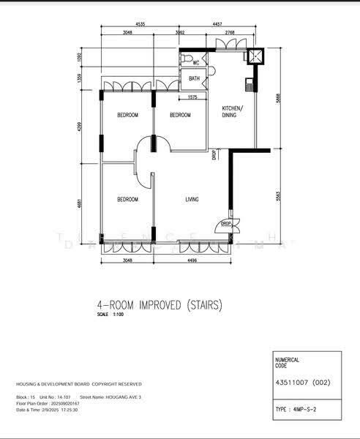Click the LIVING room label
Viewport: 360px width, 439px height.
[192, 200]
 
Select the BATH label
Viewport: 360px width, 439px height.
[194, 78]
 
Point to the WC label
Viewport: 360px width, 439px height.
[196, 63]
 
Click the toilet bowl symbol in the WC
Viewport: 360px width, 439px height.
[187, 59]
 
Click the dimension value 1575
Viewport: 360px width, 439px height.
[192, 97]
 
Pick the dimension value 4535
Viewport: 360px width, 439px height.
[140, 24]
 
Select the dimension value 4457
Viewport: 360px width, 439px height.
[217, 24]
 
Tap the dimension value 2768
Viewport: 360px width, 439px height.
[230, 33]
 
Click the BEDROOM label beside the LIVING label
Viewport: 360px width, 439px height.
[128, 200]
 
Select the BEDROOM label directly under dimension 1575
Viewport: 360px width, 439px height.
[180, 116]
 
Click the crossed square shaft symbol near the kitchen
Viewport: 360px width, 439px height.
[256, 56]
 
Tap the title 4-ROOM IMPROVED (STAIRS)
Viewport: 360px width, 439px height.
[159, 304]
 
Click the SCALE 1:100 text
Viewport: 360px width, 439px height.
[102, 315]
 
